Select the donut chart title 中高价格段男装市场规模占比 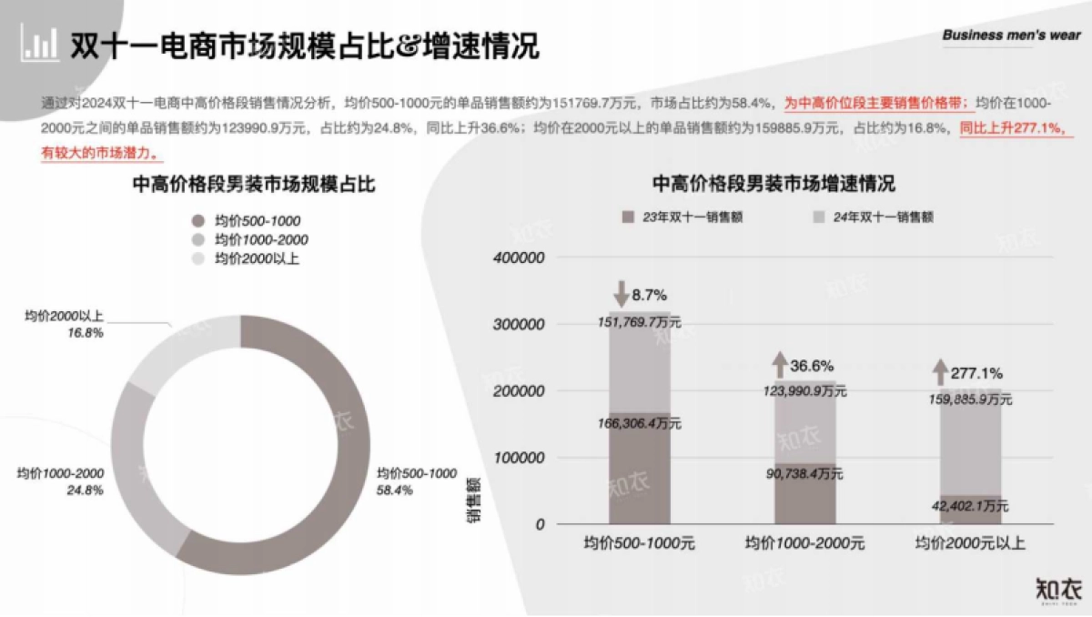pyautogui.click(x=255, y=185)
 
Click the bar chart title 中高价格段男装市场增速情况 pyautogui.click(x=773, y=185)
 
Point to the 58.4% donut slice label pyautogui.click(x=417, y=481)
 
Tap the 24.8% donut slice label pyautogui.click(x=60, y=481)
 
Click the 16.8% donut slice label pyautogui.click(x=66, y=325)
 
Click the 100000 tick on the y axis pyautogui.click(x=518, y=458)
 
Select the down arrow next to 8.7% pyautogui.click(x=621, y=294)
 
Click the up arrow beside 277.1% pyautogui.click(x=941, y=372)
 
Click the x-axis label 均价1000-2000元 pyautogui.click(x=804, y=544)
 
